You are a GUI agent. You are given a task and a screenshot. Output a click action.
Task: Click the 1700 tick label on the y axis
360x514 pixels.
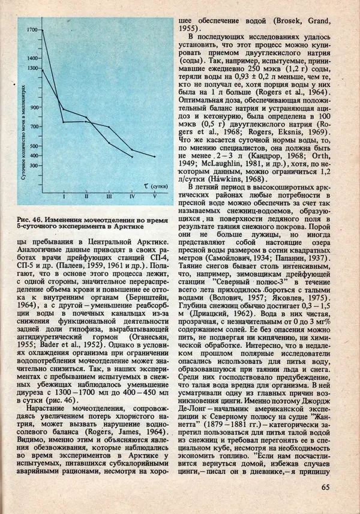click(x=32, y=29)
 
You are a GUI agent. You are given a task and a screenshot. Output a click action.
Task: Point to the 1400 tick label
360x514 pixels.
click(x=32, y=58)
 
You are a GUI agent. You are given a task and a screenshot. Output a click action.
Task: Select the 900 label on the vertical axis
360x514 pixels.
click(x=33, y=107)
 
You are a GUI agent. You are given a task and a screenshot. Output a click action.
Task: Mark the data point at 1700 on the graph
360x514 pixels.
click(x=41, y=29)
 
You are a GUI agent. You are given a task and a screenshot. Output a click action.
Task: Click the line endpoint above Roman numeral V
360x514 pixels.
click(x=155, y=157)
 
